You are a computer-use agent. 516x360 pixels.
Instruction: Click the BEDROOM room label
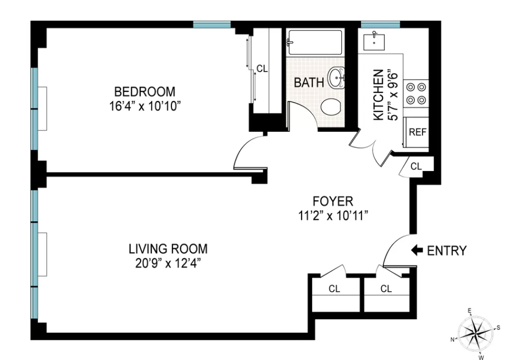144,91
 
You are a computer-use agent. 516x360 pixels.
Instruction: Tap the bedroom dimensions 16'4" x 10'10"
144,105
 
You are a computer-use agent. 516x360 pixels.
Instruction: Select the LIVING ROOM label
168,248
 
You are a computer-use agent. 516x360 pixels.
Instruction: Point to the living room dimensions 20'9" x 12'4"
168,262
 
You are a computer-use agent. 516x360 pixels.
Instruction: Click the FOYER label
333,201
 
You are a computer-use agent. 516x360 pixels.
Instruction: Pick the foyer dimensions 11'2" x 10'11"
333,215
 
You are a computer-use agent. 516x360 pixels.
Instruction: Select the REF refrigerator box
417,132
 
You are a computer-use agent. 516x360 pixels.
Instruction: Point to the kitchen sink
375,40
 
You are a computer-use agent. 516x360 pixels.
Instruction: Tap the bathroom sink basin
337,79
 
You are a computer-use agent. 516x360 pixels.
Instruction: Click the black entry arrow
417,250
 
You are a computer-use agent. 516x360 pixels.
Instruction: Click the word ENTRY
447,251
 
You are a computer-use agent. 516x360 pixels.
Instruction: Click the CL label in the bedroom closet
262,68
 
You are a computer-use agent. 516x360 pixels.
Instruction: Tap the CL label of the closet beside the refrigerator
416,167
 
